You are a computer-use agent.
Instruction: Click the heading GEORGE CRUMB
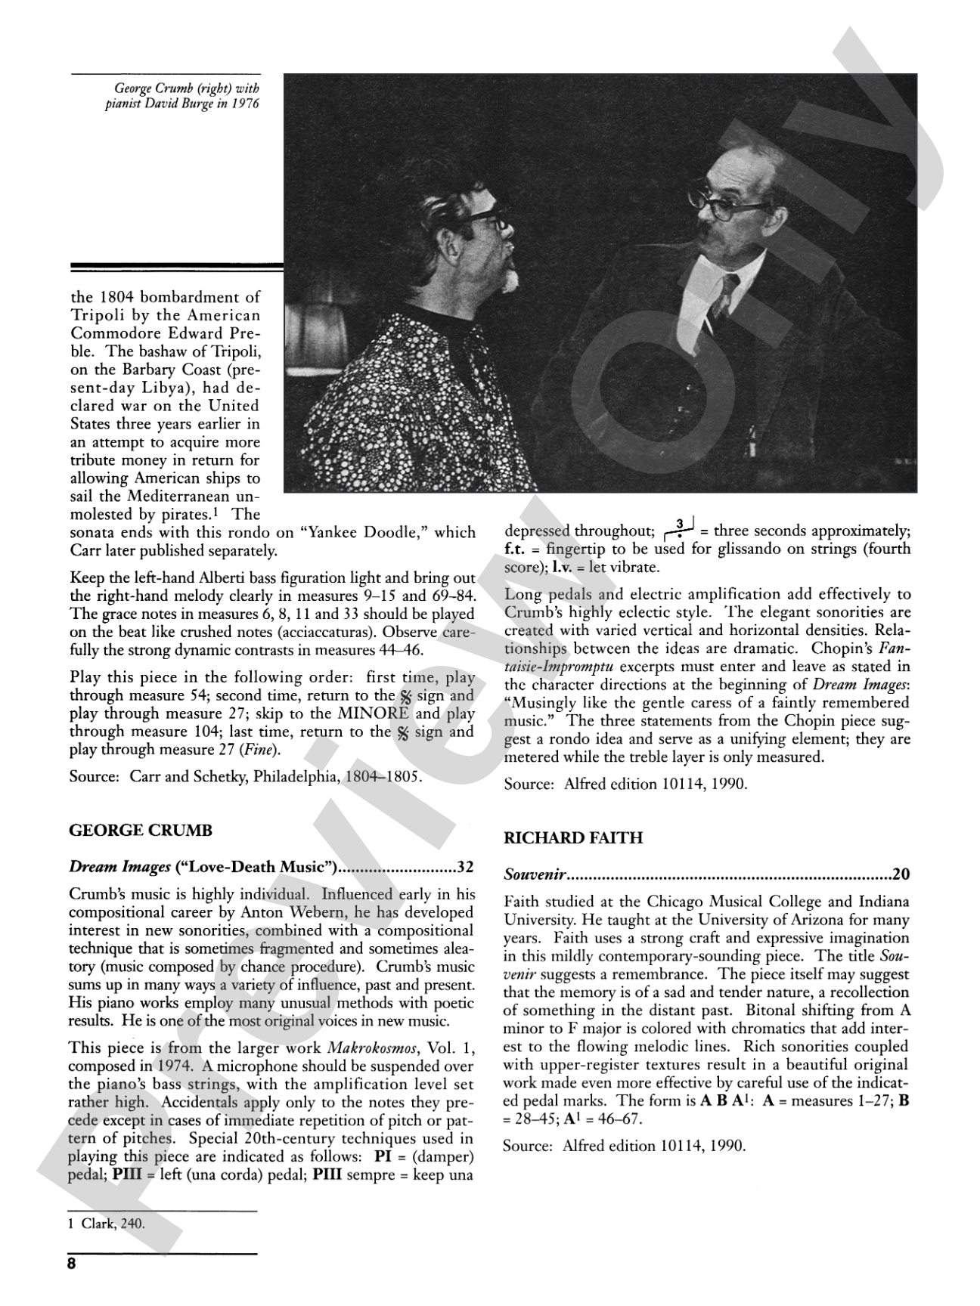coord(141,831)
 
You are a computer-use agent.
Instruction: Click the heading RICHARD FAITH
coord(573,838)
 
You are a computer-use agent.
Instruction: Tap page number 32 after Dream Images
coord(465,867)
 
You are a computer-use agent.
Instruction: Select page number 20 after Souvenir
coord(901,874)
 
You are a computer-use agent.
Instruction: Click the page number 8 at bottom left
coord(73,1265)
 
